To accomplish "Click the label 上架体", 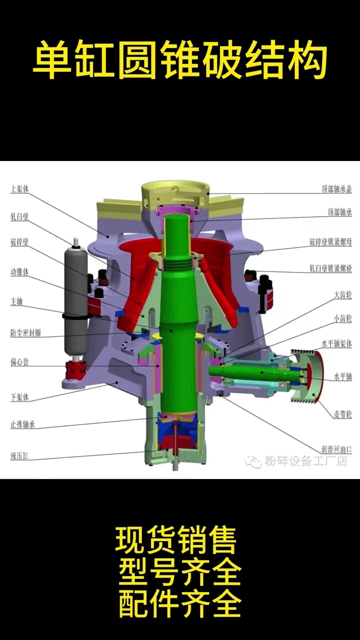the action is click(x=19, y=189).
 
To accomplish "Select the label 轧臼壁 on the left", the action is click(x=19, y=216).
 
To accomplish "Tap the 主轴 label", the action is click(x=16, y=301).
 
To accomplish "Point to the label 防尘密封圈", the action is click(x=25, y=333).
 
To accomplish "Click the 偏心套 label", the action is click(x=19, y=362).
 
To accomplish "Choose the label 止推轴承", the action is click(x=22, y=424).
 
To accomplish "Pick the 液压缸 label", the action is click(x=19, y=456).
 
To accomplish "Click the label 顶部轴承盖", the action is click(x=337, y=189).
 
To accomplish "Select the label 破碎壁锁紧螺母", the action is click(x=330, y=242).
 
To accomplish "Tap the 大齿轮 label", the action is click(x=343, y=295).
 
